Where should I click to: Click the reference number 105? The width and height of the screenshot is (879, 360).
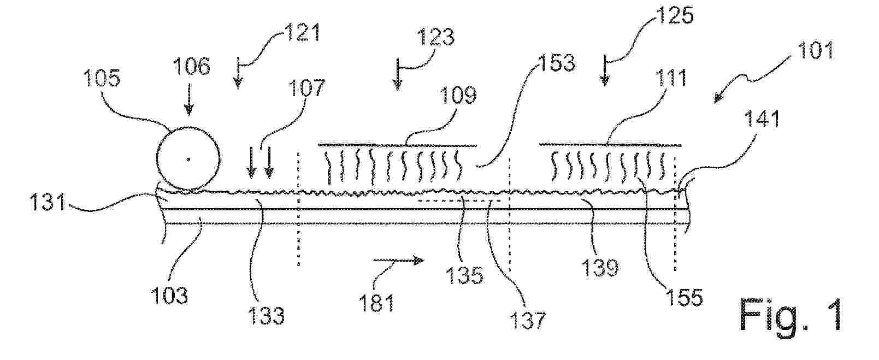click(x=102, y=79)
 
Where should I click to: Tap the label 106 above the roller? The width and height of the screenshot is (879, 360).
click(x=192, y=66)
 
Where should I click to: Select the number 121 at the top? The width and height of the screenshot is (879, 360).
click(x=303, y=32)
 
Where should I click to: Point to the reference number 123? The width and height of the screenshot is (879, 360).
click(x=435, y=38)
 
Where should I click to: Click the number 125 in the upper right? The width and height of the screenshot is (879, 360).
click(x=675, y=15)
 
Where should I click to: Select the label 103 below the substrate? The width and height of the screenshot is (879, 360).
click(x=169, y=295)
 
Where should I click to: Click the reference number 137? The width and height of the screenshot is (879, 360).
click(x=527, y=320)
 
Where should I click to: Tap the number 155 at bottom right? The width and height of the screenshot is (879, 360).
click(x=683, y=297)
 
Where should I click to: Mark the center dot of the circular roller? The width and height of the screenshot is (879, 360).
click(x=189, y=159)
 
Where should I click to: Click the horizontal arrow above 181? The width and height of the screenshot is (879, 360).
click(x=398, y=260)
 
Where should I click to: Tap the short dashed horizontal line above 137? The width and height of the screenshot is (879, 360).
click(x=461, y=200)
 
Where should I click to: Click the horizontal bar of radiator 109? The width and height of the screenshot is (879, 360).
click(x=398, y=145)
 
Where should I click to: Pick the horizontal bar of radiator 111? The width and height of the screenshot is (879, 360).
click(x=610, y=145)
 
